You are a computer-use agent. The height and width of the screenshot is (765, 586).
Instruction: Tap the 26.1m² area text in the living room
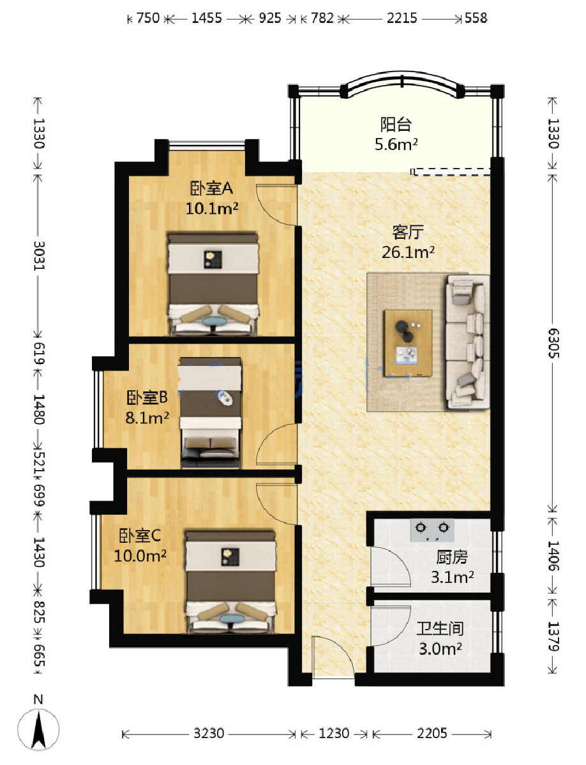pos(408,252)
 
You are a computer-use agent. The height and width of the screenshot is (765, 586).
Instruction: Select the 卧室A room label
pos(211,188)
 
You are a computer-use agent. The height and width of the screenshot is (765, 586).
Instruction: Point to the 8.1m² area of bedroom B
pos(147,418)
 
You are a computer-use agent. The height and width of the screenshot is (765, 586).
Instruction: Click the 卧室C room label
pos(140,536)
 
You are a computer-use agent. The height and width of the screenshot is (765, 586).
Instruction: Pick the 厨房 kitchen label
pos(452,557)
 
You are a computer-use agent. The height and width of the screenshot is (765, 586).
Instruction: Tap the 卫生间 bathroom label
pos(440,628)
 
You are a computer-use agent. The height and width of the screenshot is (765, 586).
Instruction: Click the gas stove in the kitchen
pos(432,531)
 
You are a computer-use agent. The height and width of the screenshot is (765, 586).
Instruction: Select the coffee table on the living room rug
pos(408,343)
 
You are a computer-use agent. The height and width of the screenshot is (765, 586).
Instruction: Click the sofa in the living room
pos(467,341)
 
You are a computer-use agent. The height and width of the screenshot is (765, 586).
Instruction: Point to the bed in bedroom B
pos(210,413)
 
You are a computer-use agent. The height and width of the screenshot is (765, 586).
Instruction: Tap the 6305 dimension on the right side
pos(553,343)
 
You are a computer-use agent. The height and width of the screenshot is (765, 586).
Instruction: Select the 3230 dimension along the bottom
pos(209,733)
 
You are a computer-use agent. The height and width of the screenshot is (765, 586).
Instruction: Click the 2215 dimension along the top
pos(402,18)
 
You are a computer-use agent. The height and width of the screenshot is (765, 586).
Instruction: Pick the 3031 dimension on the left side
pos(39,255)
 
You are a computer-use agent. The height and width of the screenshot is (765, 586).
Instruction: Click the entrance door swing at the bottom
pos(333,656)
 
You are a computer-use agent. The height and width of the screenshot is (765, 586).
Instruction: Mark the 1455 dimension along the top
pos(207,18)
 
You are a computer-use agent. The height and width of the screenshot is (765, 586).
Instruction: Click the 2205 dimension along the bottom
pos(432,733)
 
